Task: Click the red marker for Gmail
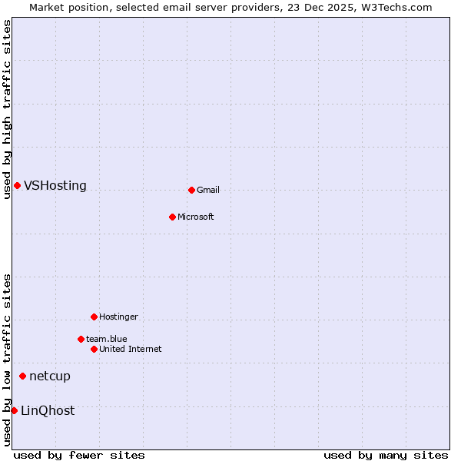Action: (x=191, y=190)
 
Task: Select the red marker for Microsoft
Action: (x=172, y=217)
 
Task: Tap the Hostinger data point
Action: (x=94, y=317)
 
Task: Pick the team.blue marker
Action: (x=81, y=339)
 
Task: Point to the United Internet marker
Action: (x=94, y=349)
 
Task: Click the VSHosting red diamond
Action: (x=17, y=185)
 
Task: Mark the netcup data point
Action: (x=22, y=376)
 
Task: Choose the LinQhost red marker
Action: (x=14, y=410)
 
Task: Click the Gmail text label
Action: (x=208, y=191)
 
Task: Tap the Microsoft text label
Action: (x=196, y=217)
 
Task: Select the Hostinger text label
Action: (x=119, y=317)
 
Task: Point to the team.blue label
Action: (x=107, y=340)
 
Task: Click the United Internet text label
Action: (x=131, y=350)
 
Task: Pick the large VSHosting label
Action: (x=55, y=186)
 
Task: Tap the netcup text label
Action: (x=50, y=376)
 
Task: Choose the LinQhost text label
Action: (x=48, y=411)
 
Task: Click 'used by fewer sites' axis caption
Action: (x=79, y=456)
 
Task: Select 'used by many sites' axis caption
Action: (x=386, y=456)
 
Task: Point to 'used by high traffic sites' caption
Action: (x=7, y=109)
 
